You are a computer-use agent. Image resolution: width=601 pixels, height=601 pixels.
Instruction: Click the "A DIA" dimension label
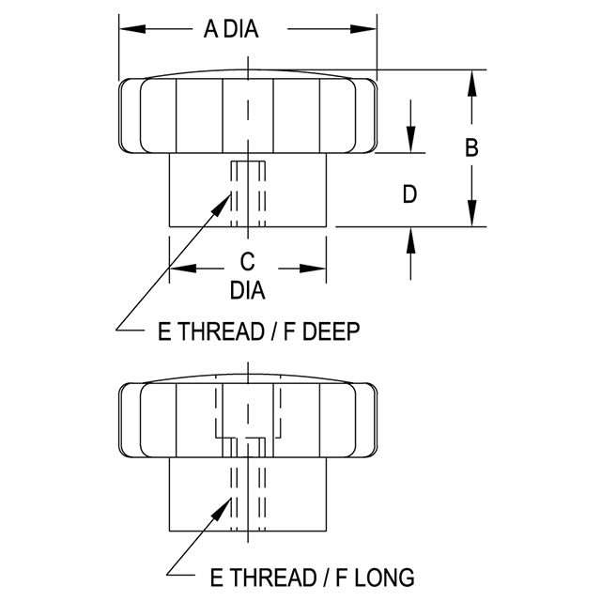[231, 29]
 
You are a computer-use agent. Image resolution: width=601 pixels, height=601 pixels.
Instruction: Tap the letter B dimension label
[472, 147]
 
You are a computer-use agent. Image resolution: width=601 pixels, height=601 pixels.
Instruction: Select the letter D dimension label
[409, 194]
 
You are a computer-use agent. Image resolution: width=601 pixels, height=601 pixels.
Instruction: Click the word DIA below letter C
[248, 290]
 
